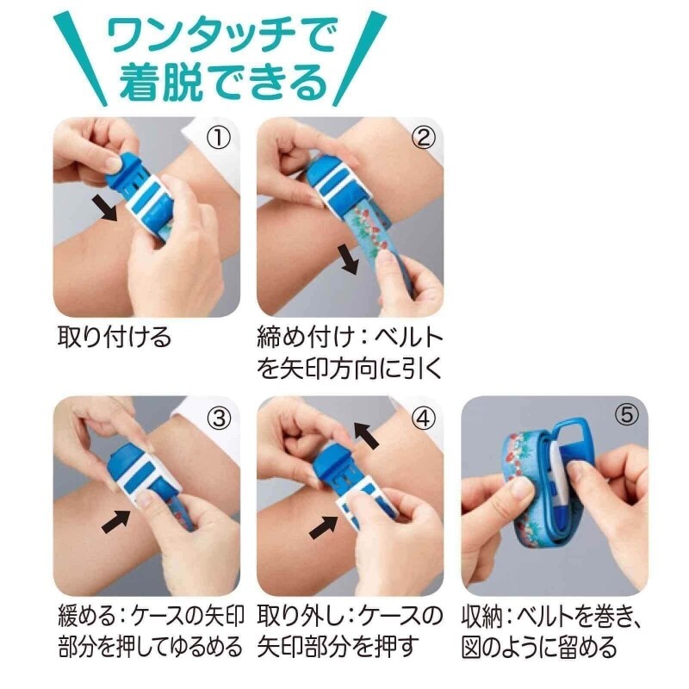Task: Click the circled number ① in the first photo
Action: point(219,138)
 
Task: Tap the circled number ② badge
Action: point(423,138)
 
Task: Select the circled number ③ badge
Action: point(219,419)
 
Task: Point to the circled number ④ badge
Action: point(423,419)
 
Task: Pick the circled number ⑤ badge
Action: point(627,414)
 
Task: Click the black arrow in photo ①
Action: point(104,208)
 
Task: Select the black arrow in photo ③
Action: point(115,521)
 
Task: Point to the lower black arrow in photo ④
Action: point(324,527)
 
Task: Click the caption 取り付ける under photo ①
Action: point(115,338)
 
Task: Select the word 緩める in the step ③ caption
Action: point(87,617)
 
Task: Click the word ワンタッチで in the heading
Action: point(222,35)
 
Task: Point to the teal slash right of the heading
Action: point(359,59)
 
